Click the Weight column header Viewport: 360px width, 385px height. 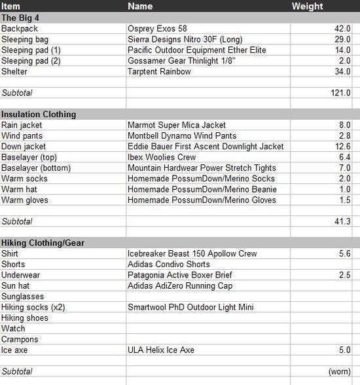[307, 7]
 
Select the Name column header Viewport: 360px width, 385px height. [140, 7]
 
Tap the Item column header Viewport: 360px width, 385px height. [11, 7]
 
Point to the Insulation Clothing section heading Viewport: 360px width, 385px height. [39, 114]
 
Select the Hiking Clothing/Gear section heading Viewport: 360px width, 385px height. [43, 243]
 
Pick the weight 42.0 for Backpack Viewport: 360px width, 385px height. [344, 29]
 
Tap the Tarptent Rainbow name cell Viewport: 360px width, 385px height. [159, 71]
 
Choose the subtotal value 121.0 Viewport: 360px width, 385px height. [342, 93]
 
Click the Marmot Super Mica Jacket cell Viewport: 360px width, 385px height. [177, 125]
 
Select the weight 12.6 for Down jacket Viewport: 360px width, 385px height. [344, 147]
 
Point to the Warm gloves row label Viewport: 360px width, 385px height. [25, 200]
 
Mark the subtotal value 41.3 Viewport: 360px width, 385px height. [344, 222]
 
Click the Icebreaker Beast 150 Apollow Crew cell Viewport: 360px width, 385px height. [192, 254]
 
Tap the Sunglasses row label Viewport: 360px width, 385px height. [22, 297]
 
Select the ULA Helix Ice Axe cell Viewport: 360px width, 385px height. [161, 350]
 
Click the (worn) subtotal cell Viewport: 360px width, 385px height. [340, 372]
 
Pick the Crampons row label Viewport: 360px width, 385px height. [20, 340]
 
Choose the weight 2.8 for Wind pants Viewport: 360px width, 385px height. [346, 136]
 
